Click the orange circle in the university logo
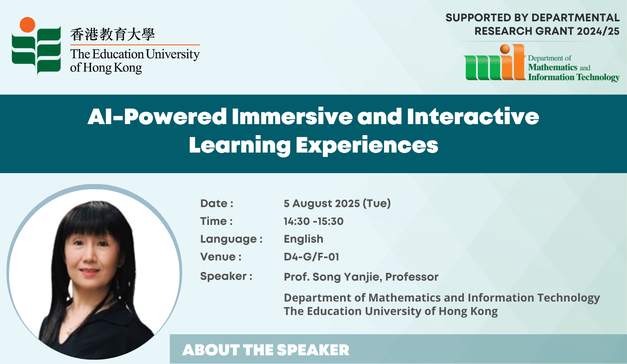point(27,25)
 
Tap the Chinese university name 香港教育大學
point(113,34)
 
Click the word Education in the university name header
point(118,54)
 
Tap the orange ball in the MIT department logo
point(505,49)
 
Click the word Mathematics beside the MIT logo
point(553,68)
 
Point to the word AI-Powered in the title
point(157,117)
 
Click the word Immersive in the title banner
point(292,116)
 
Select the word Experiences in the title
point(367,145)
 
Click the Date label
point(217,204)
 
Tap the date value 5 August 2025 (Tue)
point(337,204)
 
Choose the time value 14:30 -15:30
point(314,221)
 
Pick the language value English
point(303,240)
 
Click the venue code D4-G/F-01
point(311,257)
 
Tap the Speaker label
point(226,277)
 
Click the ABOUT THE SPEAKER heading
point(265,350)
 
